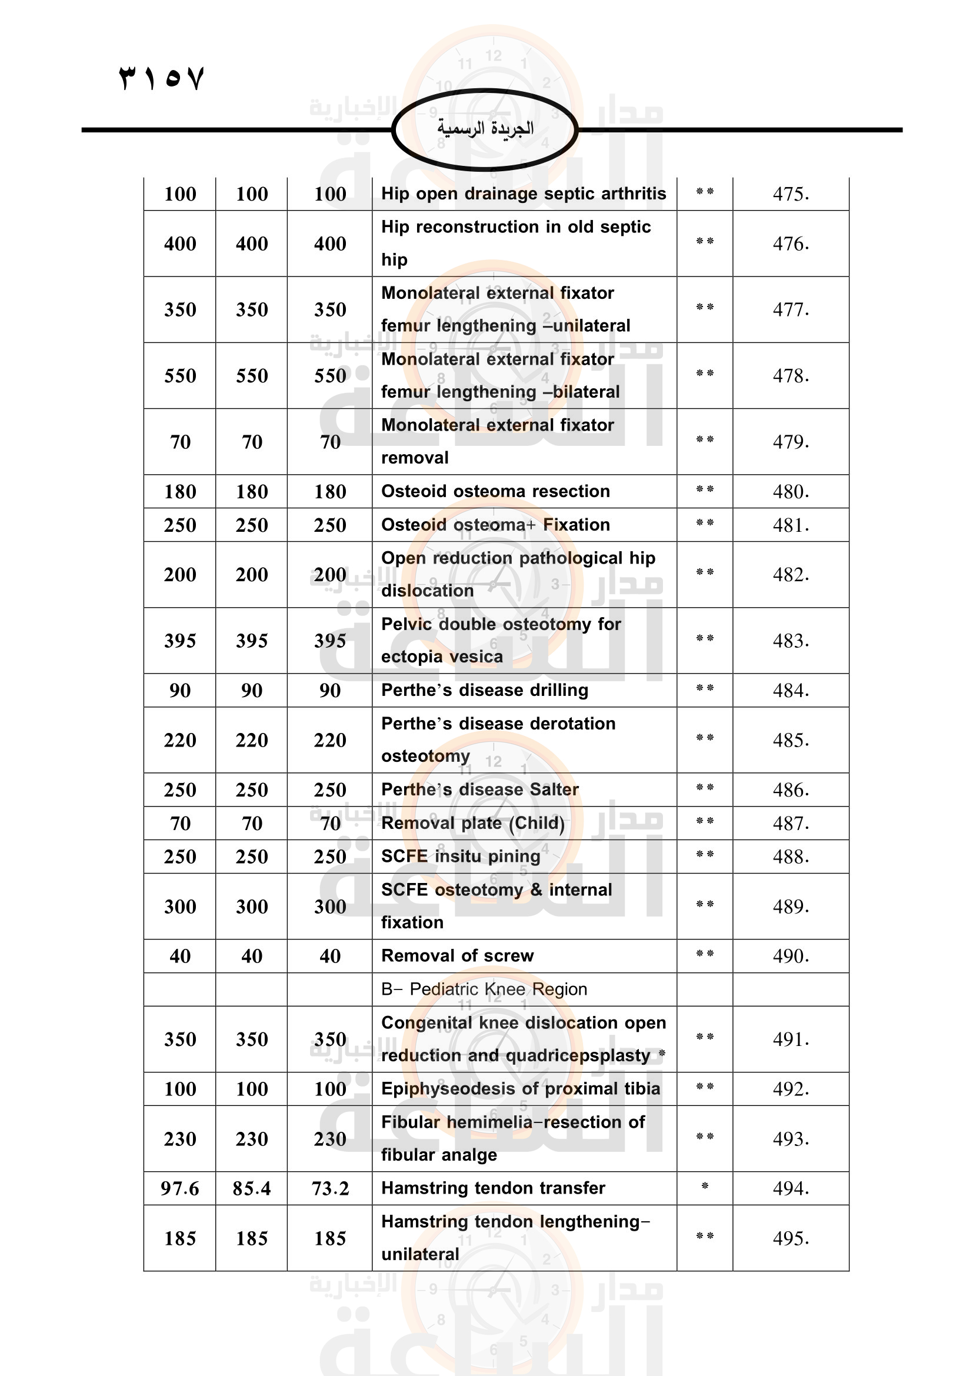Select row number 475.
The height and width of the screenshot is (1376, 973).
[x=790, y=194]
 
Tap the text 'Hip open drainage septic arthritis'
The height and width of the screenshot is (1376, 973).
[x=523, y=194]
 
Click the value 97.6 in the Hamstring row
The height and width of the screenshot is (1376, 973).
[x=180, y=1188]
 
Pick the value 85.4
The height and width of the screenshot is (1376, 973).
[x=252, y=1188]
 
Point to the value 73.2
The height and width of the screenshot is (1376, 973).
[x=330, y=1188]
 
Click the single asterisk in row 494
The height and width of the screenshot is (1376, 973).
[x=705, y=1186]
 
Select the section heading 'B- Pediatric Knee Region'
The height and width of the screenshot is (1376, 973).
[x=484, y=989]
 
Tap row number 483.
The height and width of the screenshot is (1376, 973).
[x=790, y=641]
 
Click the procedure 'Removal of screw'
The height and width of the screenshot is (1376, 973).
[x=457, y=955]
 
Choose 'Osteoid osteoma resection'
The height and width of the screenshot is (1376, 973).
[x=495, y=491]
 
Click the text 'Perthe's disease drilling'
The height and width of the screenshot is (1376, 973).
[x=485, y=691]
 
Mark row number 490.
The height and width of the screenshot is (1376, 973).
[x=790, y=956]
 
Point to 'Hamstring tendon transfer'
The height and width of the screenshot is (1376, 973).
[x=493, y=1188]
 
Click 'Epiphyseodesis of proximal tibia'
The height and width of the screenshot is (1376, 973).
[x=521, y=1088]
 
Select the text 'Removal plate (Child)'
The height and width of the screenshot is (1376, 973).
[x=473, y=824]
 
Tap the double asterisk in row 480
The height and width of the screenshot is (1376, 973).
[x=705, y=489]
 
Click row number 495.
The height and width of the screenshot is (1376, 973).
[x=790, y=1238]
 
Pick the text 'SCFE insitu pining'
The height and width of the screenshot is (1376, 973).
[x=460, y=857]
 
